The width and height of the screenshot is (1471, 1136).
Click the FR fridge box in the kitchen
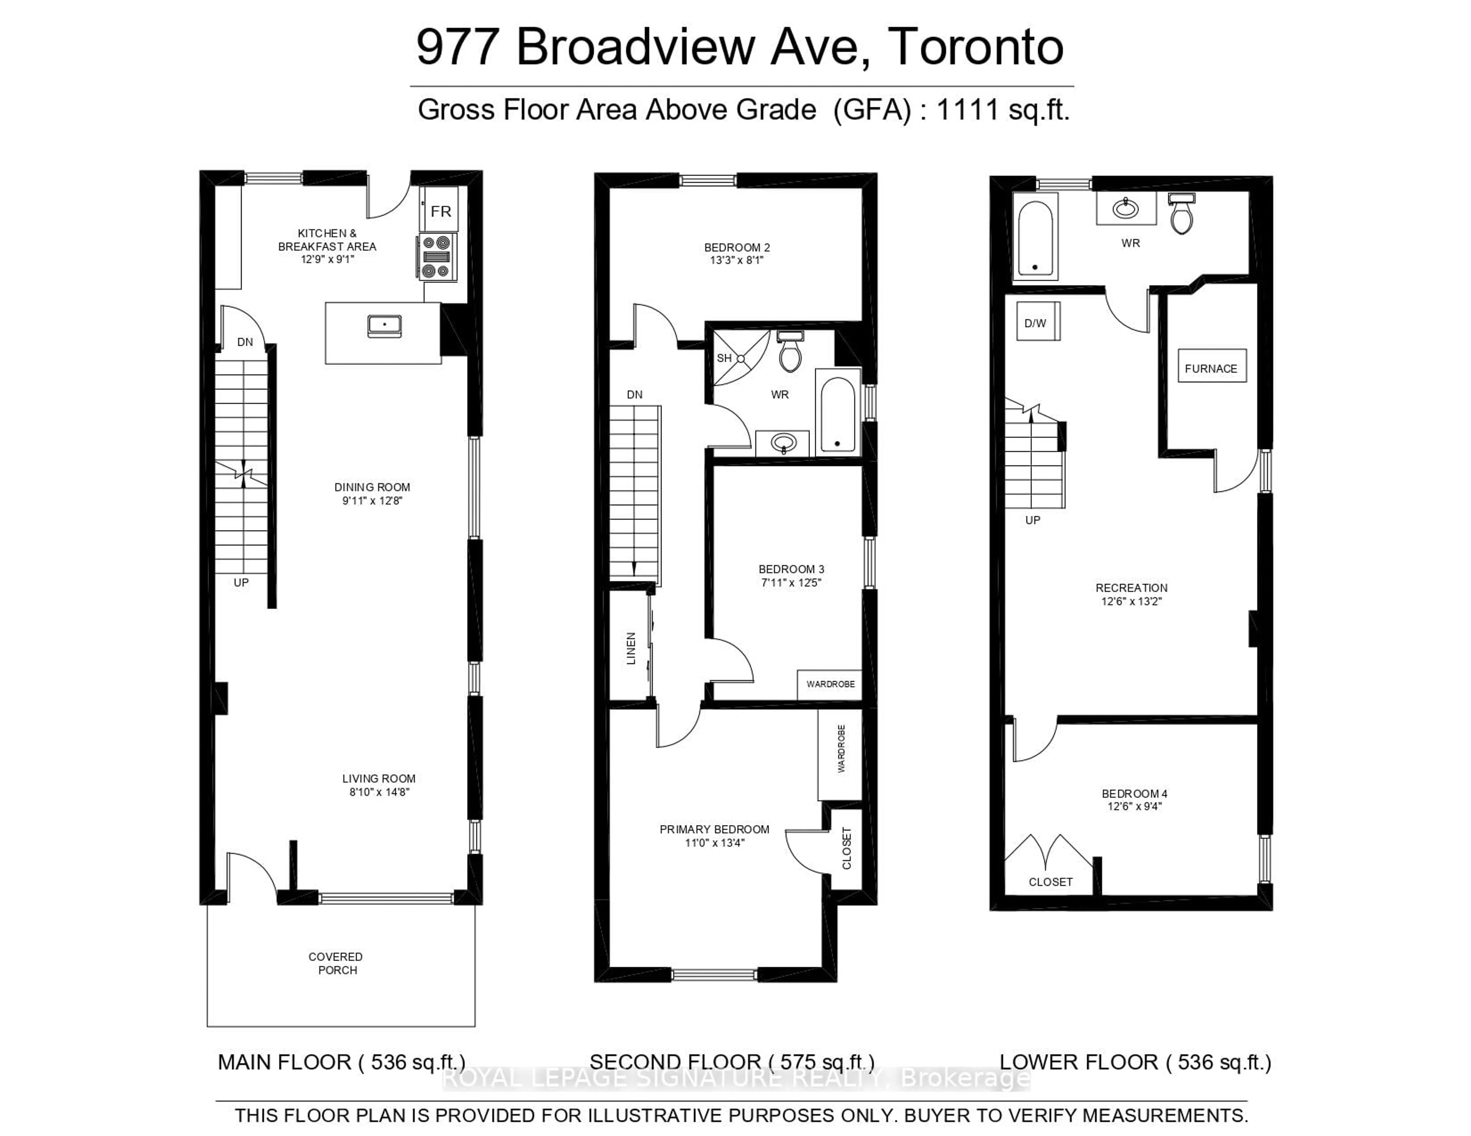(x=441, y=211)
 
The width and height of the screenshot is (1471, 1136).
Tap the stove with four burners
(x=436, y=257)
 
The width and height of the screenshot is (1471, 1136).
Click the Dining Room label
(x=372, y=487)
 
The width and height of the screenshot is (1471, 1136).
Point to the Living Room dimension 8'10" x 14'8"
(x=379, y=792)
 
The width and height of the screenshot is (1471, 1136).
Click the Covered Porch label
(x=336, y=963)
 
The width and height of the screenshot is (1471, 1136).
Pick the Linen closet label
(x=631, y=649)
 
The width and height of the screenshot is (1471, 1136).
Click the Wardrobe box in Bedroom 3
(x=830, y=684)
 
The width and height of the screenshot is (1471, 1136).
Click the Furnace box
(x=1211, y=368)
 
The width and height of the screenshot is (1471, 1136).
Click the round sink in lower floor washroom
(x=1125, y=209)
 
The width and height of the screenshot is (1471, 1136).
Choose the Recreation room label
(x=1131, y=588)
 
